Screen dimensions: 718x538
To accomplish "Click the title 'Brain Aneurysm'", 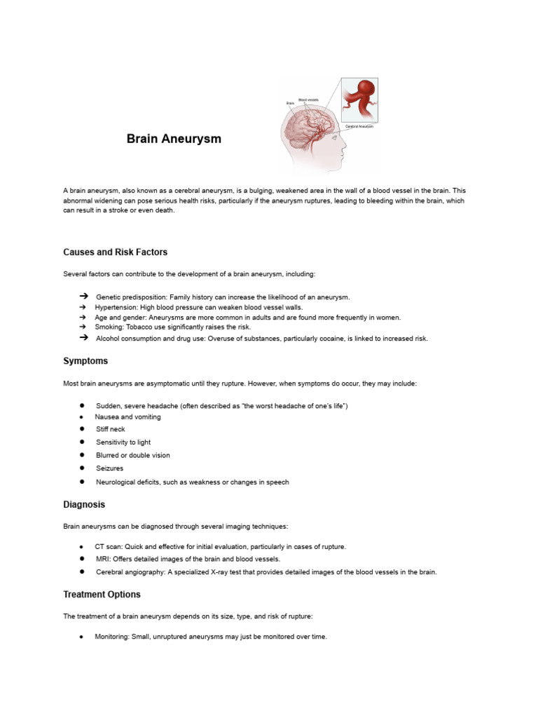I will [174, 139].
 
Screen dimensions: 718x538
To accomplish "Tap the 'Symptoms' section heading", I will [85, 361].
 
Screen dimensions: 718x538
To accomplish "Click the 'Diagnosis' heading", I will [84, 504].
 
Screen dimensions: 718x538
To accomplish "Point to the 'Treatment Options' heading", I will [102, 595].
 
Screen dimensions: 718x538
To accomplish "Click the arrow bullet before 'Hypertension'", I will [82, 307].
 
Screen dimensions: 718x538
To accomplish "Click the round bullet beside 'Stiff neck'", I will [82, 428].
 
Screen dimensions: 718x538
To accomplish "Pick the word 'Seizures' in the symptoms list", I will [109, 468].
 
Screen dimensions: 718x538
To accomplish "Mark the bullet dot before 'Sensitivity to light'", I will [82, 442].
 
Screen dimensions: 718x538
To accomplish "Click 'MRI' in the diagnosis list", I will [102, 559].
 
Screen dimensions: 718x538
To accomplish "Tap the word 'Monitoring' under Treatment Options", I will [111, 637].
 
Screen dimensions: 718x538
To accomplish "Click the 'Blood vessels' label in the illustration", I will [308, 100].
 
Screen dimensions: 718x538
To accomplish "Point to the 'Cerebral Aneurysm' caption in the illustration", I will [359, 126].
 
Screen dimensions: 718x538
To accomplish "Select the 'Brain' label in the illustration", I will [289, 103].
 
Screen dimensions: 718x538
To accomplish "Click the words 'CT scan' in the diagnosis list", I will [108, 546].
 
